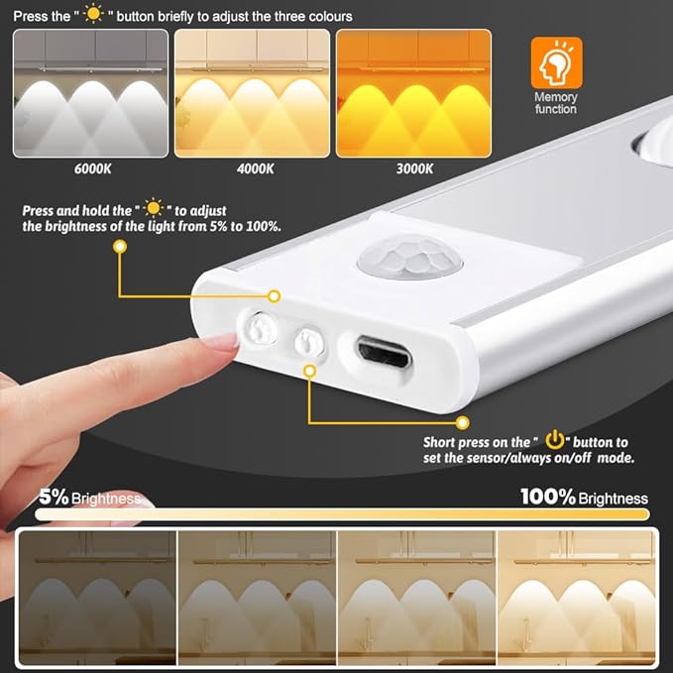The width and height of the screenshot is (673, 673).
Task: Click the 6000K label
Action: click(92, 168)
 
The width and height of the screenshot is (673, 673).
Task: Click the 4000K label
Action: click(255, 168)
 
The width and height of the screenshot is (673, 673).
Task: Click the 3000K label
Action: click(413, 168)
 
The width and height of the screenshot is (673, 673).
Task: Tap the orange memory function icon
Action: click(556, 62)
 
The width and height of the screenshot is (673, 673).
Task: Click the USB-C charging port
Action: click(386, 351)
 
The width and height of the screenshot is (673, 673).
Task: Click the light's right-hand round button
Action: click(309, 342)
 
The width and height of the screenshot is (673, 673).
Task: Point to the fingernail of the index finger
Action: click(221, 341)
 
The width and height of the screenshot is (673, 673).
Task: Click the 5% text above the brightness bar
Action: click(54, 498)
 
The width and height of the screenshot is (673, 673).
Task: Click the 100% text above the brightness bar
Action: click(548, 497)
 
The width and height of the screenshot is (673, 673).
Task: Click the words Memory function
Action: click(555, 104)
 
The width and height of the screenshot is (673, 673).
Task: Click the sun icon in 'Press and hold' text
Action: click(153, 209)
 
